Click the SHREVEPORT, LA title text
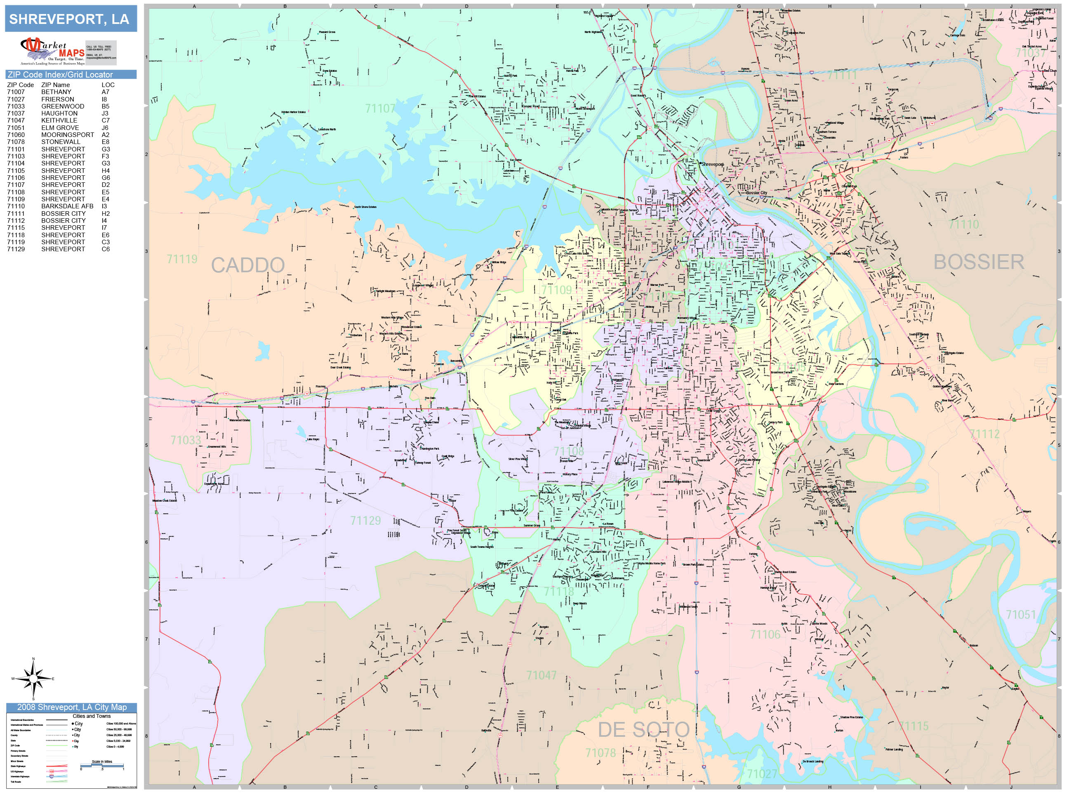coord(69,19)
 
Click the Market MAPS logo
coord(53,51)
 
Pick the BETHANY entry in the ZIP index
coord(56,92)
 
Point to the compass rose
coord(33,679)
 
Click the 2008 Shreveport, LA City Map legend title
coord(71,707)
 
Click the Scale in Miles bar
coord(102,766)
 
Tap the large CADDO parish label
coord(248,265)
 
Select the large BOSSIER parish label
coord(979,262)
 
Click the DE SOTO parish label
coord(643,730)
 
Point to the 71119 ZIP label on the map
coord(182,259)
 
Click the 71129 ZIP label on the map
coord(365,521)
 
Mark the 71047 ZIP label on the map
coord(541,675)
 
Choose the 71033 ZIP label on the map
coord(186,440)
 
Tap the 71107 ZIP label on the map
coord(380,109)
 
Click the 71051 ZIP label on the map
coord(1021,614)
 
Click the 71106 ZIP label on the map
coord(765,634)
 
